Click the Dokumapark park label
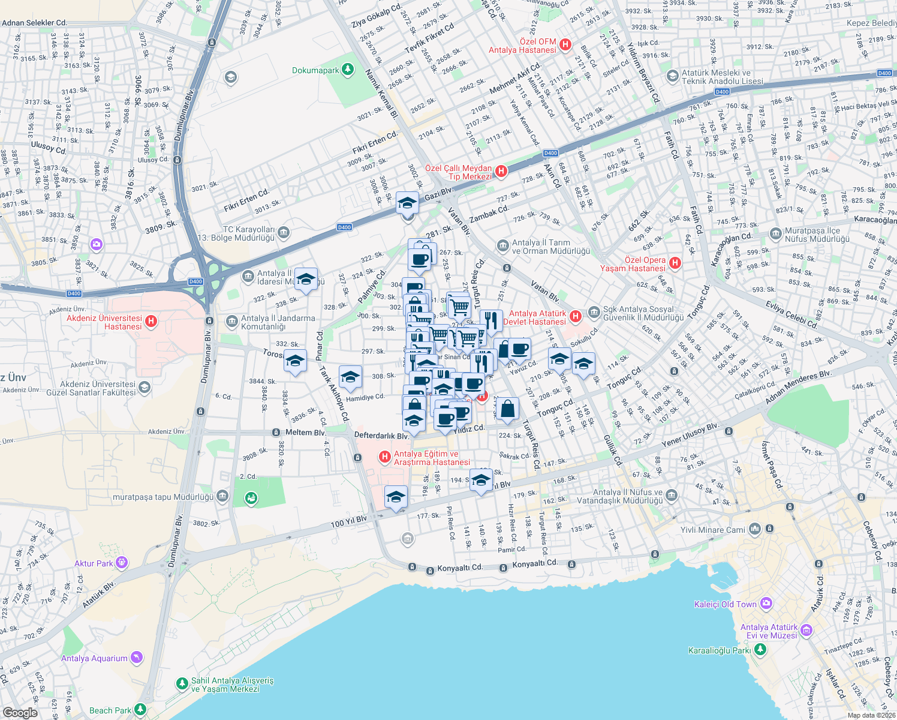tap(315, 70)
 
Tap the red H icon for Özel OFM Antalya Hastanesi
tap(565, 44)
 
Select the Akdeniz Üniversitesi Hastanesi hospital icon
tap(151, 322)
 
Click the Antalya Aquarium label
tap(94, 658)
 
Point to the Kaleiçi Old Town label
tap(725, 604)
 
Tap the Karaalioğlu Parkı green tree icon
tap(760, 650)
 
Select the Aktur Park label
tap(94, 563)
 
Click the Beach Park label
tap(110, 710)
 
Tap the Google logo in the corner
tap(20, 712)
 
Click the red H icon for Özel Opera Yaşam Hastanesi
tap(675, 263)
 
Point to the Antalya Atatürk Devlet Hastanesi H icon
tap(575, 316)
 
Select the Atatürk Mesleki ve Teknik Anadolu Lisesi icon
tap(673, 76)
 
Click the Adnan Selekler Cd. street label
tap(34, 23)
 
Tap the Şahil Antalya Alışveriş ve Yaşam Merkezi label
tap(231, 685)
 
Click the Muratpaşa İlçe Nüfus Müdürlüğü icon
tap(776, 233)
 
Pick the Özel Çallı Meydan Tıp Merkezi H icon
tap(501, 171)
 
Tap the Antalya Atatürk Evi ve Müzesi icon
tap(806, 630)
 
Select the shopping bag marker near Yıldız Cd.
tap(507, 409)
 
